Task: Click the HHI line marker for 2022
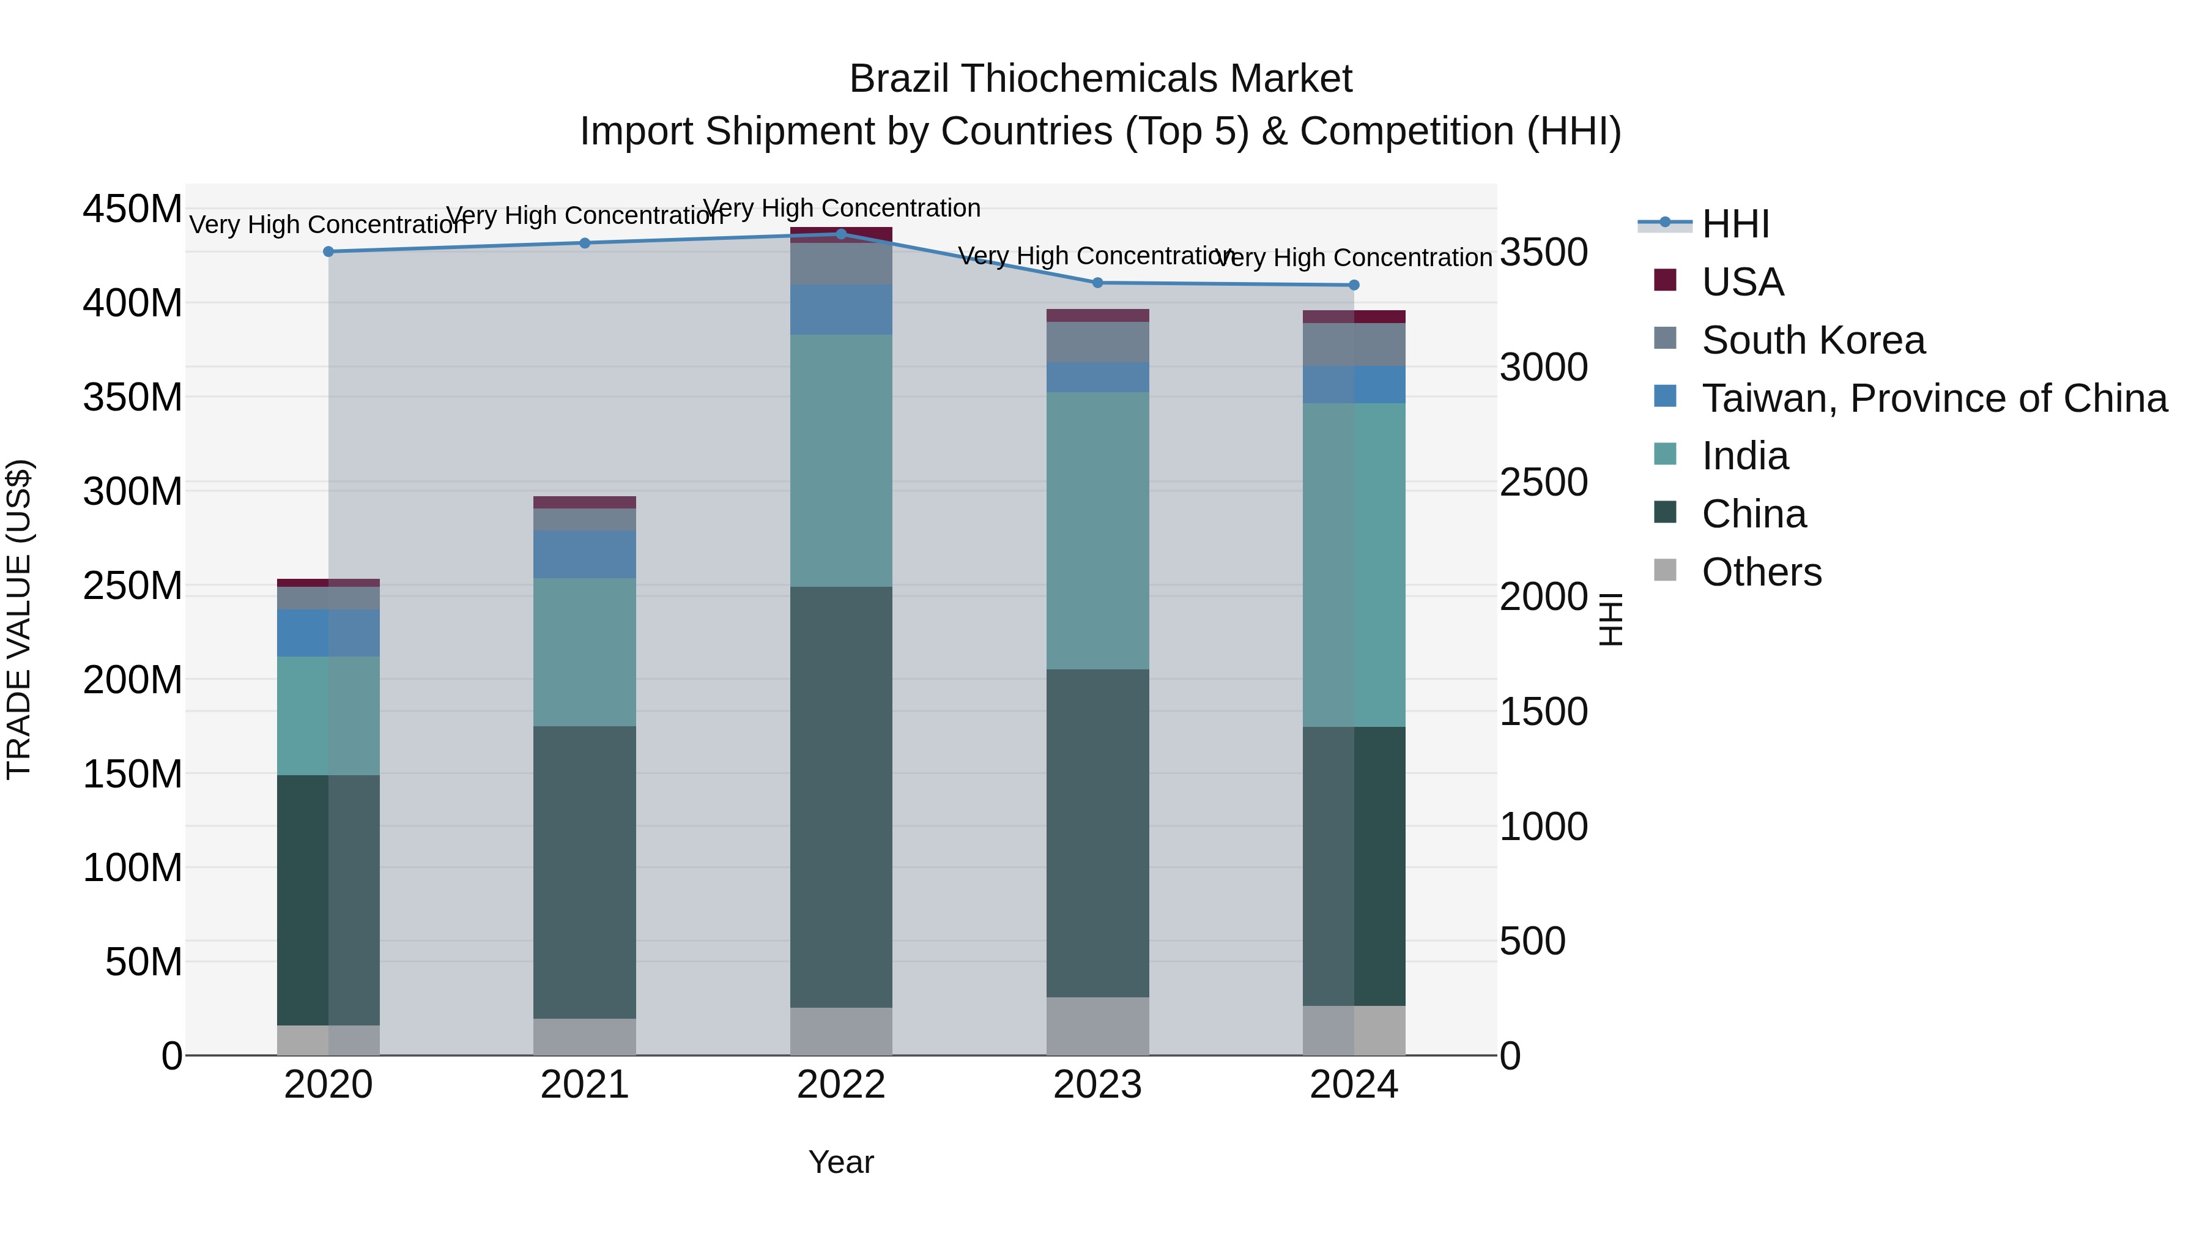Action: [841, 234]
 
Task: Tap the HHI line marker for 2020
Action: [328, 251]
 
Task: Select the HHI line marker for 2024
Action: [1354, 285]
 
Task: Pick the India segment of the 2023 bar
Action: [1097, 530]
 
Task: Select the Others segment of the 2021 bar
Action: [585, 1036]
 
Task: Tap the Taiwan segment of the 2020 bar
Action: [328, 633]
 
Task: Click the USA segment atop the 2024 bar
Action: [1354, 316]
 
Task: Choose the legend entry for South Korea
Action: [1812, 340]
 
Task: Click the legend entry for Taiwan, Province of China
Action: [1933, 398]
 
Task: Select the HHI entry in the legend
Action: [1735, 224]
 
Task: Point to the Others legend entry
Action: [1761, 572]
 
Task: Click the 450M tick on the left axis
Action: [133, 209]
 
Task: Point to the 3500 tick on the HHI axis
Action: [1544, 253]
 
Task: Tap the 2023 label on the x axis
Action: [1097, 1085]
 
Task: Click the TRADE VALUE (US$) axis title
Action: [19, 619]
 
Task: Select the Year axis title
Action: [841, 1162]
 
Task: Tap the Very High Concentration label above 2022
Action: [841, 208]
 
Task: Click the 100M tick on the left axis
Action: [133, 868]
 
